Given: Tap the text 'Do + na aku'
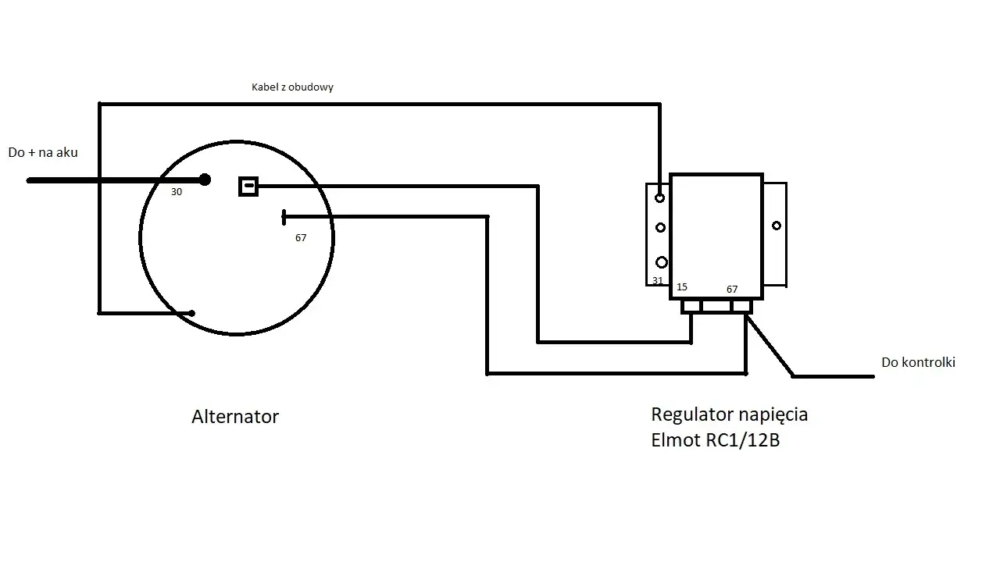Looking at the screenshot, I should tap(43, 153).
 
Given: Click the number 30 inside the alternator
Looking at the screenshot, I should tap(177, 192).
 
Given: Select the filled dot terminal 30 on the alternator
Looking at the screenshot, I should tap(205, 180).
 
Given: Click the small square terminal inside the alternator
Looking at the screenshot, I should tap(248, 186).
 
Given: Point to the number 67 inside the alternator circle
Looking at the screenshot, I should tap(301, 238).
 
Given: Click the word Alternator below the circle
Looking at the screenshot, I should tap(235, 417).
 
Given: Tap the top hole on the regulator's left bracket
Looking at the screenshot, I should tap(660, 197).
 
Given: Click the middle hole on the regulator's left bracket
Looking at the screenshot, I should tap(660, 227).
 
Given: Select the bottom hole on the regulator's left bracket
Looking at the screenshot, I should tap(661, 262).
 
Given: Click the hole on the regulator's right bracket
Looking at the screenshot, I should tap(776, 226).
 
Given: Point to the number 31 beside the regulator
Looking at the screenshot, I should tap(658, 280).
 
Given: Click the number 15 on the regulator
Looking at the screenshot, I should tap(682, 287).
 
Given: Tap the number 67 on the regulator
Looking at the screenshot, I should tap(732, 290).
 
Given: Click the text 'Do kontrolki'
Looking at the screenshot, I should tap(918, 362).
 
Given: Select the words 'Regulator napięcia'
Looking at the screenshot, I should tap(730, 414).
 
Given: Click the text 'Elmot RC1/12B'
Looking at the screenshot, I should tap(716, 440).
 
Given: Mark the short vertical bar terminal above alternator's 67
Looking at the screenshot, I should tap(284, 217).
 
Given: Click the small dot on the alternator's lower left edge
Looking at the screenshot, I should tap(192, 313).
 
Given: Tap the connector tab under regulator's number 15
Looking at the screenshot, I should tap(691, 307).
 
